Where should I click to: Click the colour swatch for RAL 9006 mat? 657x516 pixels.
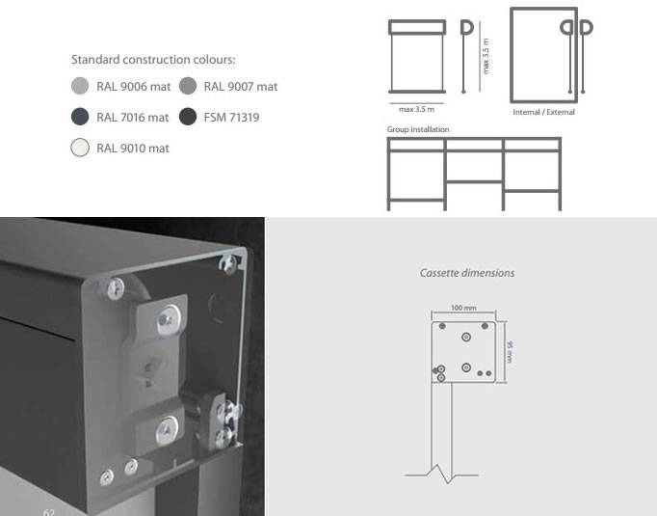click(80, 86)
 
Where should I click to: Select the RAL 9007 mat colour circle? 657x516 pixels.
click(188, 86)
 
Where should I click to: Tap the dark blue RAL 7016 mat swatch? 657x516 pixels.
click(80, 117)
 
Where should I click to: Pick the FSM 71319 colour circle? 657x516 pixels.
click(188, 117)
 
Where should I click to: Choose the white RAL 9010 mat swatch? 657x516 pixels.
click(80, 148)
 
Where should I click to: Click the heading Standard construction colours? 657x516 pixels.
click(153, 60)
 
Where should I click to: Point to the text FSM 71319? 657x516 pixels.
click(231, 117)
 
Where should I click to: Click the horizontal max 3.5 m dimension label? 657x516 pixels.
click(416, 110)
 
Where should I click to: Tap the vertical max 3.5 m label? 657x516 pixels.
click(486, 56)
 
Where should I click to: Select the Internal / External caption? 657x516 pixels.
click(543, 112)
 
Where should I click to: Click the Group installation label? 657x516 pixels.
click(418, 129)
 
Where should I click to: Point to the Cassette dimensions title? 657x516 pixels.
click(467, 273)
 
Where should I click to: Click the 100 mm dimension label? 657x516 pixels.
click(463, 308)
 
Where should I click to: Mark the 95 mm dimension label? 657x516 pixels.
click(510, 351)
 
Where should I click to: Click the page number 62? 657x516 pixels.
click(48, 512)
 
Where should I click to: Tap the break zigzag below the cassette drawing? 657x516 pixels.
click(441, 475)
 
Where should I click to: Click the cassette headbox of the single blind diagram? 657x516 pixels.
click(417, 27)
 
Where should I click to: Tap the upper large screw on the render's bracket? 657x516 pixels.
click(169, 320)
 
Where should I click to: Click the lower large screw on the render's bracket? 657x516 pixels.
click(168, 429)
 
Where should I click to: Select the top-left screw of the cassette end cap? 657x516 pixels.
click(116, 289)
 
